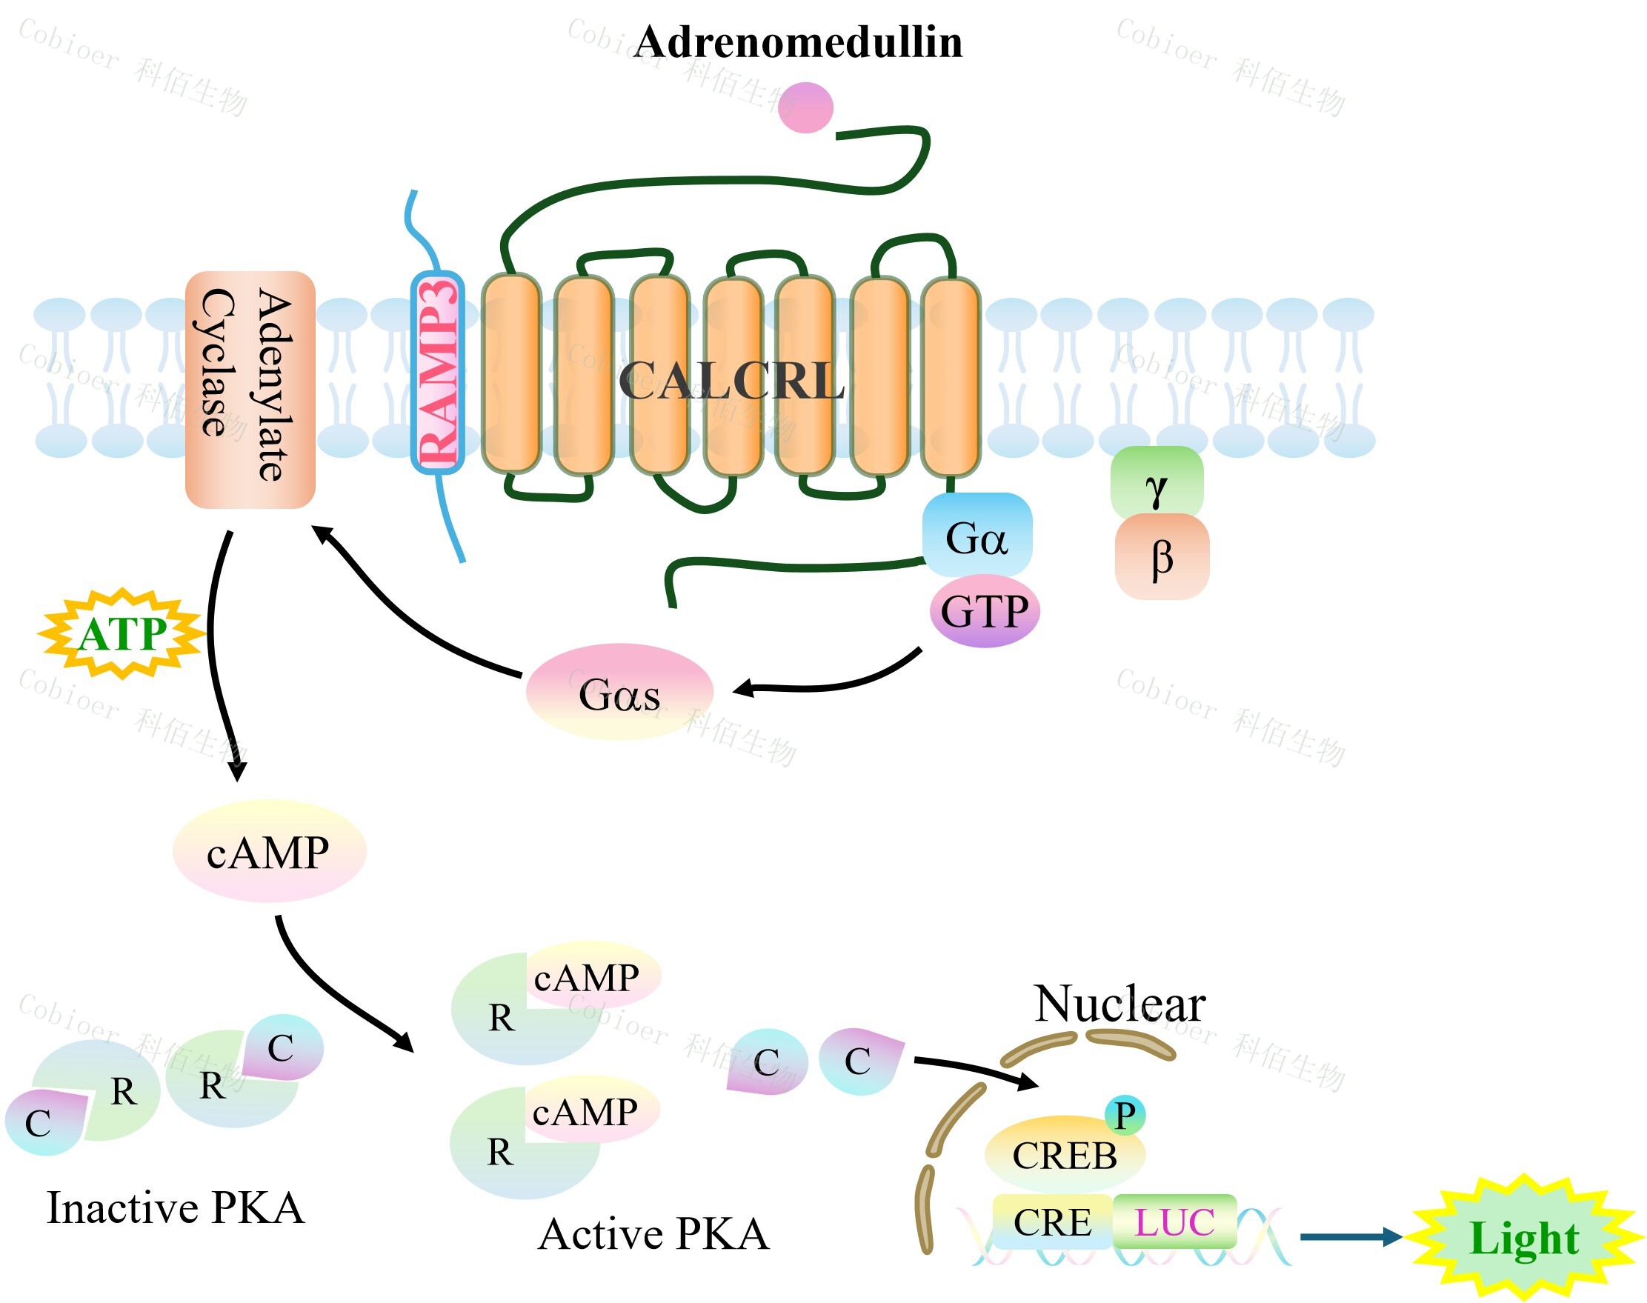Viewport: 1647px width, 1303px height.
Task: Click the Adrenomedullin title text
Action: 797,42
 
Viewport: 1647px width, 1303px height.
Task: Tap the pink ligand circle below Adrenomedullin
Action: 805,107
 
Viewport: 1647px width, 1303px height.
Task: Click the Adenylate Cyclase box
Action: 250,389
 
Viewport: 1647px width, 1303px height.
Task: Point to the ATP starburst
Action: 122,634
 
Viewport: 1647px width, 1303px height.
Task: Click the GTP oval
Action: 984,611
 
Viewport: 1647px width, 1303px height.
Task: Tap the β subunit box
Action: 1161,557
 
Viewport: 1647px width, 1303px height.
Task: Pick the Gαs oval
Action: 619,693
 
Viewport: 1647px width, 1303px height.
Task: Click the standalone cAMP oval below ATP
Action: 268,851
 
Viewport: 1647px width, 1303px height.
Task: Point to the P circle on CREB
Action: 1125,1115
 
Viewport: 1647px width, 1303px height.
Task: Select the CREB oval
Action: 1064,1154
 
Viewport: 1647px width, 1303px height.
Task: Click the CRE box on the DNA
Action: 1052,1222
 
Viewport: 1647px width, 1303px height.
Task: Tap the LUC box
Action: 1174,1222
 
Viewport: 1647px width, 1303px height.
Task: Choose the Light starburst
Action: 1523,1236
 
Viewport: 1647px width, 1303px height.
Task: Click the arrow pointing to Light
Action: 1350,1236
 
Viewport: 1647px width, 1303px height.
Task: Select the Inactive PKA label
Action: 176,1207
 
